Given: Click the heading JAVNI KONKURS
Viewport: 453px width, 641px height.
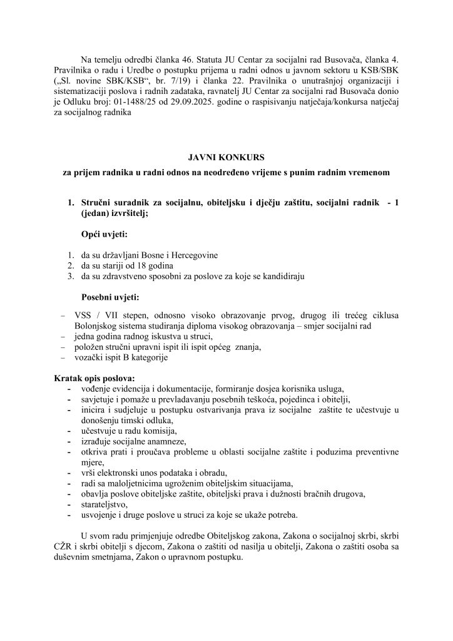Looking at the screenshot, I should tap(226, 158).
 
